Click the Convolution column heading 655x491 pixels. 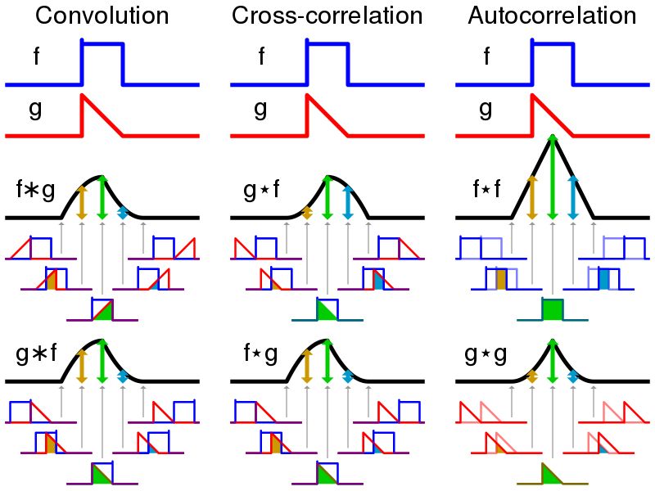point(102,16)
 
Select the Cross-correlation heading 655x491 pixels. point(327,16)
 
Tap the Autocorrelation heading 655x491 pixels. point(552,16)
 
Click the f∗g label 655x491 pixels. point(35,190)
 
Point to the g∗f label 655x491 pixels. point(36,354)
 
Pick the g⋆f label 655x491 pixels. point(261,190)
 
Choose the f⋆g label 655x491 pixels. point(260,354)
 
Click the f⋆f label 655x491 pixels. point(487,189)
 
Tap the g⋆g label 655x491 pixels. point(486,355)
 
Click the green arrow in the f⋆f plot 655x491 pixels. point(553,177)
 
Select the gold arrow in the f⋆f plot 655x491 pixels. point(531,197)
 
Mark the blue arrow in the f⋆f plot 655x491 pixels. point(573,197)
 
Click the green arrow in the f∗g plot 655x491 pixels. point(102,197)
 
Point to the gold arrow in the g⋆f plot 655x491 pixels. point(306,213)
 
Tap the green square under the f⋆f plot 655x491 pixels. point(553,309)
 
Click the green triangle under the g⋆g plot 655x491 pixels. point(549,476)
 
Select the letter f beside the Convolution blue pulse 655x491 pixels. point(36,56)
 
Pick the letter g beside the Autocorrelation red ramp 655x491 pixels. point(486,110)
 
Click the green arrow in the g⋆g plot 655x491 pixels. point(553,361)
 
